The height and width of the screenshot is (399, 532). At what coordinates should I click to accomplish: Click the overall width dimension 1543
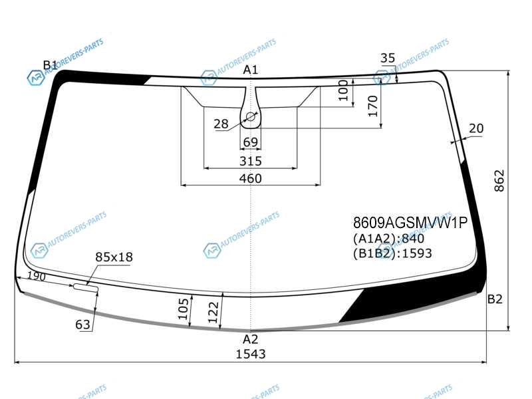pyautogui.click(x=251, y=354)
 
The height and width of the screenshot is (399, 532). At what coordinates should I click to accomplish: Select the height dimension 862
pyautogui.click(x=499, y=181)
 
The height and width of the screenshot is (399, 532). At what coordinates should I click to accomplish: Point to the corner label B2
pyautogui.click(x=495, y=299)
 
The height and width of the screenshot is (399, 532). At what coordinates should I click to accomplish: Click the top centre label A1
pyautogui.click(x=251, y=70)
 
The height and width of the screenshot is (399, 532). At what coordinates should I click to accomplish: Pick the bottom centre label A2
pyautogui.click(x=251, y=339)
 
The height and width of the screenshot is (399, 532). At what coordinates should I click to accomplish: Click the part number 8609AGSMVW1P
pyautogui.click(x=410, y=223)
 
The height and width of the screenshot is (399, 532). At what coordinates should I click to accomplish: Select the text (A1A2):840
pyautogui.click(x=388, y=239)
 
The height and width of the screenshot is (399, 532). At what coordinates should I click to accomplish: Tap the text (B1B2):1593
pyautogui.click(x=392, y=253)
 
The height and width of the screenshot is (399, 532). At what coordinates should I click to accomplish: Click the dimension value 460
pyautogui.click(x=251, y=178)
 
